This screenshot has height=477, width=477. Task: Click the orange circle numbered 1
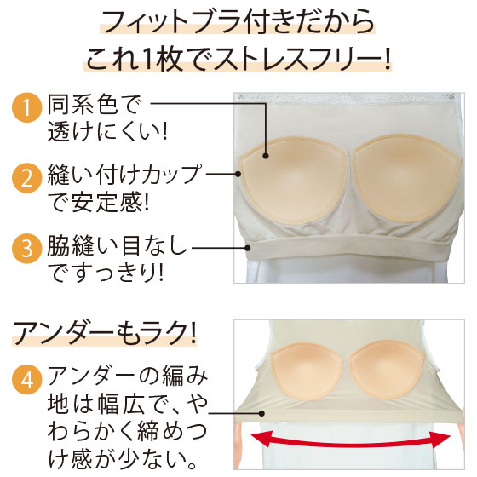[x=26, y=107]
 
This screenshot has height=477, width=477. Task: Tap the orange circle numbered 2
[x=26, y=178]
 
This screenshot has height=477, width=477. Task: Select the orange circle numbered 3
[x=26, y=249]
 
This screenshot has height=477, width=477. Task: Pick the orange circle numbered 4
[x=26, y=380]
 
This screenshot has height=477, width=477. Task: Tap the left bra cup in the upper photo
[x=294, y=180]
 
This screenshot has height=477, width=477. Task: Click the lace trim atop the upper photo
[x=349, y=98]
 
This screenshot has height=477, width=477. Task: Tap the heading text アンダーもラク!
[x=104, y=334]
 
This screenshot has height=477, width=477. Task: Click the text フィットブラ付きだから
[x=238, y=22]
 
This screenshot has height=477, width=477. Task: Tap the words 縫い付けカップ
[x=124, y=175]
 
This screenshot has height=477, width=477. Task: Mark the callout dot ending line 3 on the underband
[x=248, y=248]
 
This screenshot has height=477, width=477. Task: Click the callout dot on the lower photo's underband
[x=261, y=413]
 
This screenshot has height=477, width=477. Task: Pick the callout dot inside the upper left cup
[x=266, y=156]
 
